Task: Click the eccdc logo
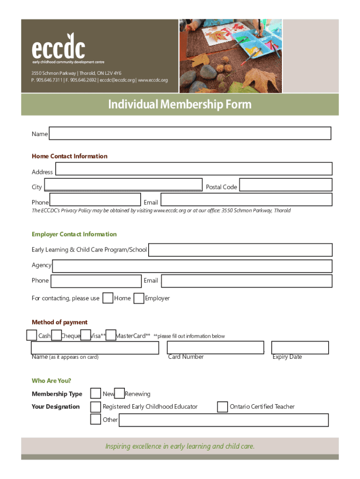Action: (58, 49)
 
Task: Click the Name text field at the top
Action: (190, 133)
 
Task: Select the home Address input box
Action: (194, 169)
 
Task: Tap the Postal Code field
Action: (285, 185)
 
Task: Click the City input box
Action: (123, 185)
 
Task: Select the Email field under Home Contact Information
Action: (246, 200)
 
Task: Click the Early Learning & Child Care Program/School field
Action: (240, 250)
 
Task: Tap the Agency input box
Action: (192, 266)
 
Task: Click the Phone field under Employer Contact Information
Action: (96, 281)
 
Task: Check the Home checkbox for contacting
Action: (108, 298)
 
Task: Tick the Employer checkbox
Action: (139, 298)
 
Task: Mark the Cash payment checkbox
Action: (31, 335)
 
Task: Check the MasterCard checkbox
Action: (111, 335)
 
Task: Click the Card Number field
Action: (216, 348)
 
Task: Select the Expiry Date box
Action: (300, 348)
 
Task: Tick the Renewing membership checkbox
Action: (120, 393)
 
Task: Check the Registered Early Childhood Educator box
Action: (95, 406)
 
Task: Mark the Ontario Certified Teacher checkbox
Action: (223, 407)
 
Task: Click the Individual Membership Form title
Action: (180, 104)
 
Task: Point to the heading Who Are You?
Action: (51, 381)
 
